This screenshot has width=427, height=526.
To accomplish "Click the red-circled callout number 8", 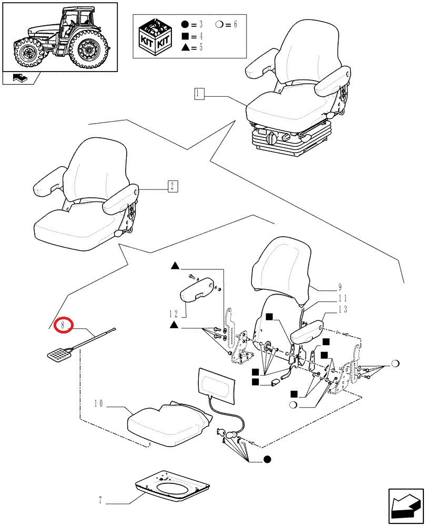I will point(63,326).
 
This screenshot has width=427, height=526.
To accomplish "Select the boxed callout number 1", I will point(198,94).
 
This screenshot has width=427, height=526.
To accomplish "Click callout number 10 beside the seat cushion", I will point(99,403).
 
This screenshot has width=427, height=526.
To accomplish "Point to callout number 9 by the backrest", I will point(340,287).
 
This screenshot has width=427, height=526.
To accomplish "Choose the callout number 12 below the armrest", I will point(174,313).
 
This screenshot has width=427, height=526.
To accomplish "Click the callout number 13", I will point(343,309).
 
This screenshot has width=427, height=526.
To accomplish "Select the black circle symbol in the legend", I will point(185,25).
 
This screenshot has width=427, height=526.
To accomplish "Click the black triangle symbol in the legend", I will point(185,47).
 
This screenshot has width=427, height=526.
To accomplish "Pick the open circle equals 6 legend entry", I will point(226,25).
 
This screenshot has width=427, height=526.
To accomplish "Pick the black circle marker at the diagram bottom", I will point(267,459).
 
